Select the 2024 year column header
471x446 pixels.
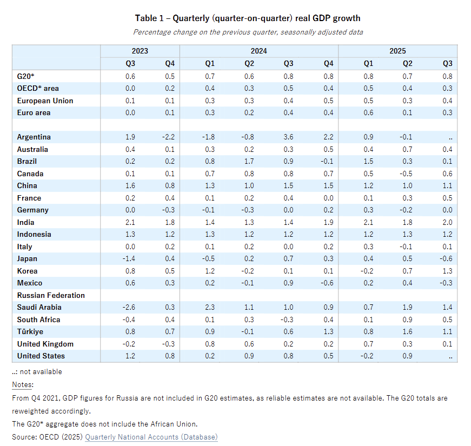click(258, 51)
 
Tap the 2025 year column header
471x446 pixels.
click(397, 51)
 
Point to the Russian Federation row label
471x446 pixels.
click(51, 295)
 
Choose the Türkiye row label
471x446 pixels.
click(30, 332)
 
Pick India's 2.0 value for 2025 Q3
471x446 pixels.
click(447, 222)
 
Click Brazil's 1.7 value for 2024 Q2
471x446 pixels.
click(249, 162)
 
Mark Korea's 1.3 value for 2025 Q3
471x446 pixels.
click(447, 271)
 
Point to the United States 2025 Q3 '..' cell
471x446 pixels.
click(449, 356)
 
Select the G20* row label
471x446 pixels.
click(25, 76)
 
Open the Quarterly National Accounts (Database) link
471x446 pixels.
click(151, 437)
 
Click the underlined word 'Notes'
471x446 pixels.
click(23, 384)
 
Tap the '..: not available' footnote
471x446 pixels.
click(37, 372)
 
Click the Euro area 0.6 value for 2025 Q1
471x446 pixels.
click(368, 113)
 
